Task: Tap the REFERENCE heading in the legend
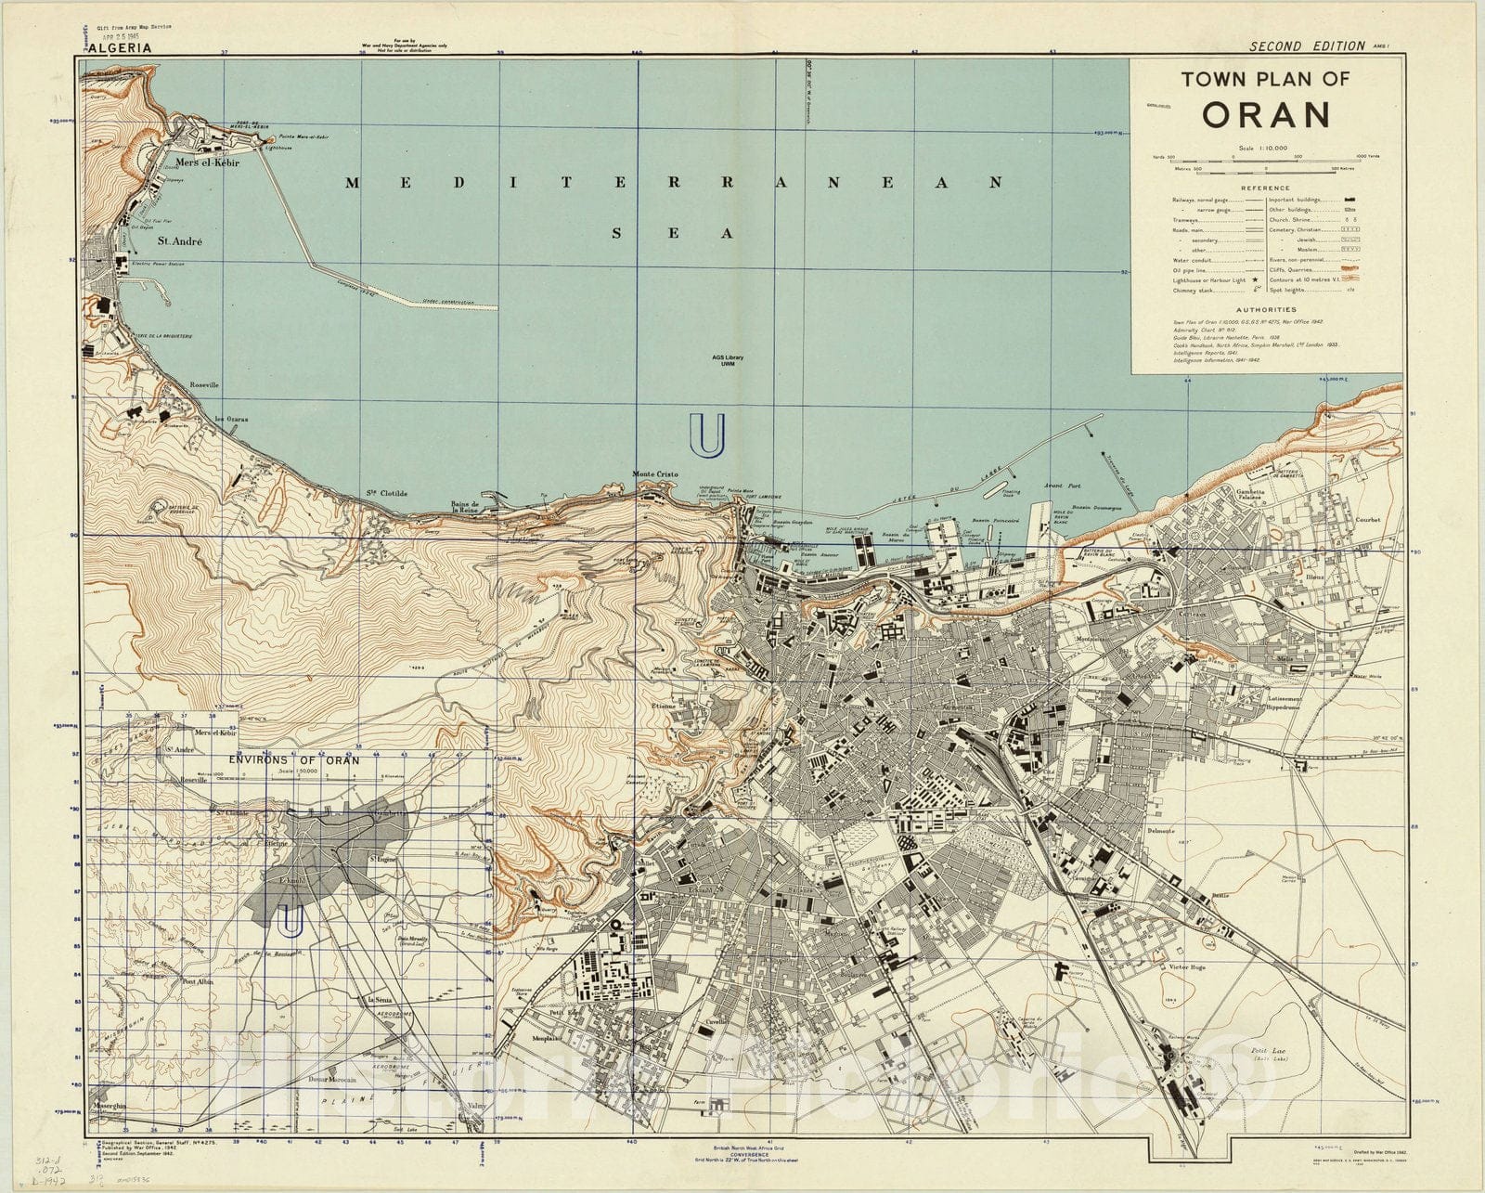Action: pos(1265,188)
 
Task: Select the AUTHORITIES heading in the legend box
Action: pos(1265,310)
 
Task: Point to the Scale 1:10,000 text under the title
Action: pos(1264,149)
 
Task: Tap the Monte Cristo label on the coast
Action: pos(655,474)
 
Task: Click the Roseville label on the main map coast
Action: pos(203,383)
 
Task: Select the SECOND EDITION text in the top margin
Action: pos(1307,45)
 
